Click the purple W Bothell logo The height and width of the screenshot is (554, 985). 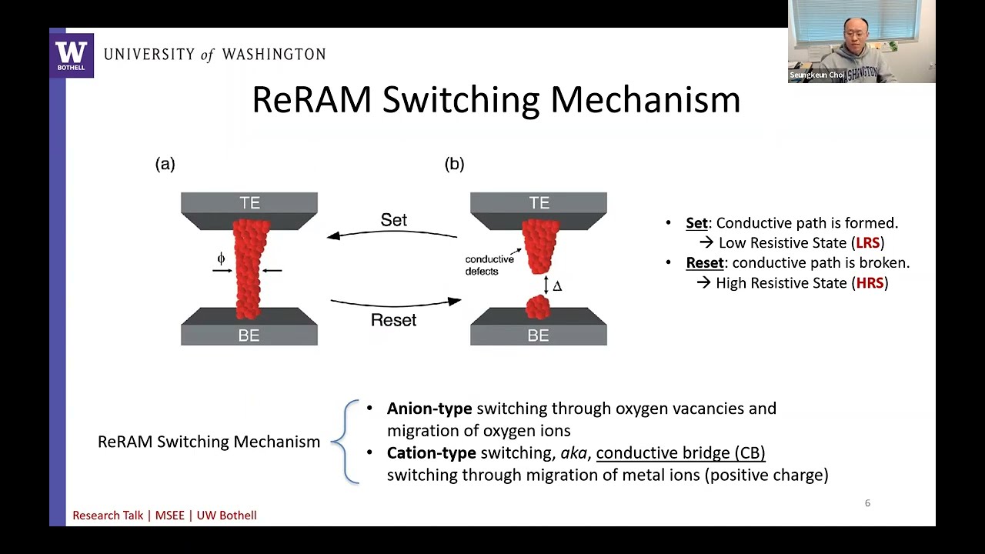pos(72,55)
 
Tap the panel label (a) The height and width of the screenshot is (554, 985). pos(165,164)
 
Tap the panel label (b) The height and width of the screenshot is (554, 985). pos(454,164)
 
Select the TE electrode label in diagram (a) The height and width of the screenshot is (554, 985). pos(249,203)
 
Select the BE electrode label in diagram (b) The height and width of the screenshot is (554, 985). pos(538,335)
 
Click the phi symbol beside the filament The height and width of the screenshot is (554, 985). pos(221,259)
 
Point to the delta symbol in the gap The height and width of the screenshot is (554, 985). pos(557,286)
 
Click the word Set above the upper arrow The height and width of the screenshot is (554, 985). pos(393,220)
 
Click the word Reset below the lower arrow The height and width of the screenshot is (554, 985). pos(393,320)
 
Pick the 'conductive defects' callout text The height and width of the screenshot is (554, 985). pos(489,265)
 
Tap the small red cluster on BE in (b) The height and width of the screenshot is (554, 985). pos(538,308)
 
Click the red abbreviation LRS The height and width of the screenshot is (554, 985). pos(867,243)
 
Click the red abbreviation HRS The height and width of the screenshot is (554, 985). pos(870,283)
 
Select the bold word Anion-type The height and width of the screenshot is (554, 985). pos(429,409)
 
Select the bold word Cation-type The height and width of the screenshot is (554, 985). pos(431,453)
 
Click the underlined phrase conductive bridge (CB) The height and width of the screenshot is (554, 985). pos(680,453)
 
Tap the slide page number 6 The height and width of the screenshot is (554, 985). pos(867,503)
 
